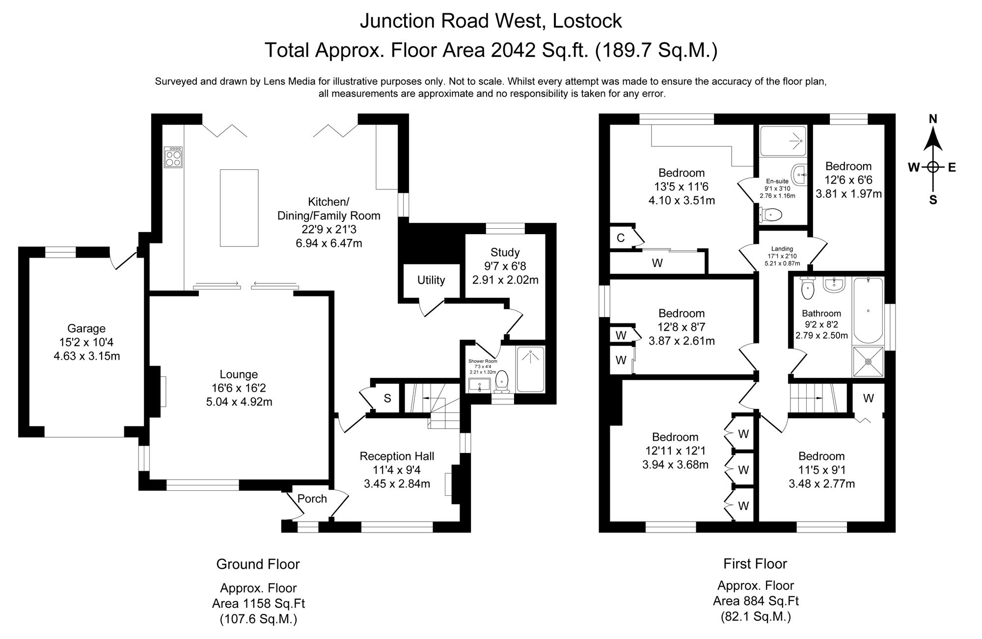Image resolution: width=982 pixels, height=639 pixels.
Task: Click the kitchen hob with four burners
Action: pos(173,157)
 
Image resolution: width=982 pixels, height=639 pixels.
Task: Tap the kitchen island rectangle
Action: pos(239,208)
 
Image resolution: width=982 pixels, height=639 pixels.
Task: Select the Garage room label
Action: pos(86,329)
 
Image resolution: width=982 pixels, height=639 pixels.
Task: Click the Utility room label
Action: pos(431,280)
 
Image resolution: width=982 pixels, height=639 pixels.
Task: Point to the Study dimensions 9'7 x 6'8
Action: pos(505,266)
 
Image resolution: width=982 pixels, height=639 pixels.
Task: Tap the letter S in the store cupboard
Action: pos(387,399)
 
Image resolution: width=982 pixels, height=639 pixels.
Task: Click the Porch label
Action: pos(312,499)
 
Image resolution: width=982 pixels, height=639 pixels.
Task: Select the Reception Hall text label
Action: pos(397,456)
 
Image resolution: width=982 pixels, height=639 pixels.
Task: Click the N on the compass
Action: pos(933,119)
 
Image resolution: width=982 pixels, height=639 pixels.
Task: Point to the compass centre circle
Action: pos(933,167)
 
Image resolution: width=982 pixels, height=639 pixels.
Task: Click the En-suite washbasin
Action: pos(801,174)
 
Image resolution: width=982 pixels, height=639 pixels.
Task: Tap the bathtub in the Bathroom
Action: pos(868,310)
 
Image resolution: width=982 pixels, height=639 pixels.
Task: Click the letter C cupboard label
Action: pos(620,238)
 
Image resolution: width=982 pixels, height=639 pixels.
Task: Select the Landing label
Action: pos(782,249)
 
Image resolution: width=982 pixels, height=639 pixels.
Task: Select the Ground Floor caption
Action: pos(258,564)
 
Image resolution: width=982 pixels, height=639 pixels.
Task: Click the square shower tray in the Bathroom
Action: pos(868,362)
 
